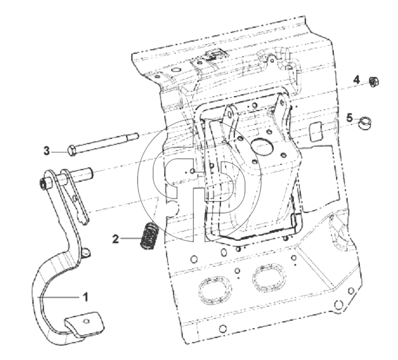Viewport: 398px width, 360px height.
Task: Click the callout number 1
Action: tap(86, 297)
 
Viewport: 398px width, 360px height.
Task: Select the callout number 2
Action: tap(116, 239)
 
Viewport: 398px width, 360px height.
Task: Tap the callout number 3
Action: tap(46, 151)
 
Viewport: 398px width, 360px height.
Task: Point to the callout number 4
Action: tap(356, 80)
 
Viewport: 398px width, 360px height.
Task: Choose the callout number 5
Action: tap(350, 118)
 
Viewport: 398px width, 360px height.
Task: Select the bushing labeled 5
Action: tap(364, 122)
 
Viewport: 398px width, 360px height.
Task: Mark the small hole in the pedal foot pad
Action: tap(87, 321)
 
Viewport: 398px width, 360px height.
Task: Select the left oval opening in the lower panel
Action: tap(215, 289)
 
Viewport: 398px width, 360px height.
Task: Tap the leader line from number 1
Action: tap(59, 297)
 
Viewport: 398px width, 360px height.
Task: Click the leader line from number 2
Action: tap(130, 238)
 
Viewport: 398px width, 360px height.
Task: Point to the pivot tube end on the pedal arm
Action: tap(43, 184)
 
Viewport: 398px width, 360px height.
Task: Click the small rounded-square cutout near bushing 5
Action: tap(315, 131)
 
